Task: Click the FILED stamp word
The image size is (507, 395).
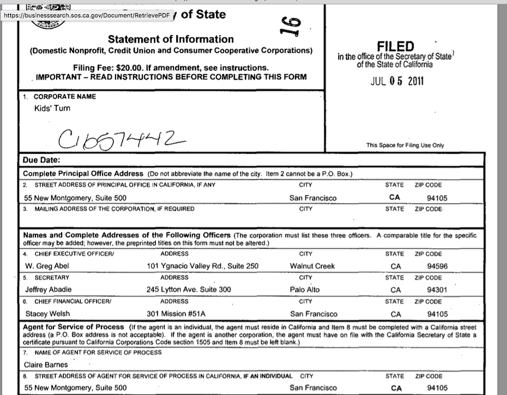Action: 395,47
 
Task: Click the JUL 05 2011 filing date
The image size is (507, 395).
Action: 396,82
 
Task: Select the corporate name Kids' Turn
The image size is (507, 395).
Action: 52,108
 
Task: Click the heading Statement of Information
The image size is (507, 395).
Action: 171,39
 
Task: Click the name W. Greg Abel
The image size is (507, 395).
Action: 47,266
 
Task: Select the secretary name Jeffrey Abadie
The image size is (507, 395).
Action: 49,290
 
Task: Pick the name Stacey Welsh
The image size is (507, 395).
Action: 47,314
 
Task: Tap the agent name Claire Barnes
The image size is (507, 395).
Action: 46,364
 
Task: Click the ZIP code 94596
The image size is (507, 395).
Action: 438,267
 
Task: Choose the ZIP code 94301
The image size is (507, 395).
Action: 438,290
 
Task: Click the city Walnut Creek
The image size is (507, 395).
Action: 312,266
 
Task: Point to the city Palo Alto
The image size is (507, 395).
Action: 305,290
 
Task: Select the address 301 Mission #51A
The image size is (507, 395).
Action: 177,314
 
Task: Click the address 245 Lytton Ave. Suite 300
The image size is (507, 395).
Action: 189,290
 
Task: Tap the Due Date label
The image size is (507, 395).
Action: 41,160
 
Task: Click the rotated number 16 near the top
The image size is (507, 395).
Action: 292,26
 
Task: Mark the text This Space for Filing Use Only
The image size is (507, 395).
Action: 405,145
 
